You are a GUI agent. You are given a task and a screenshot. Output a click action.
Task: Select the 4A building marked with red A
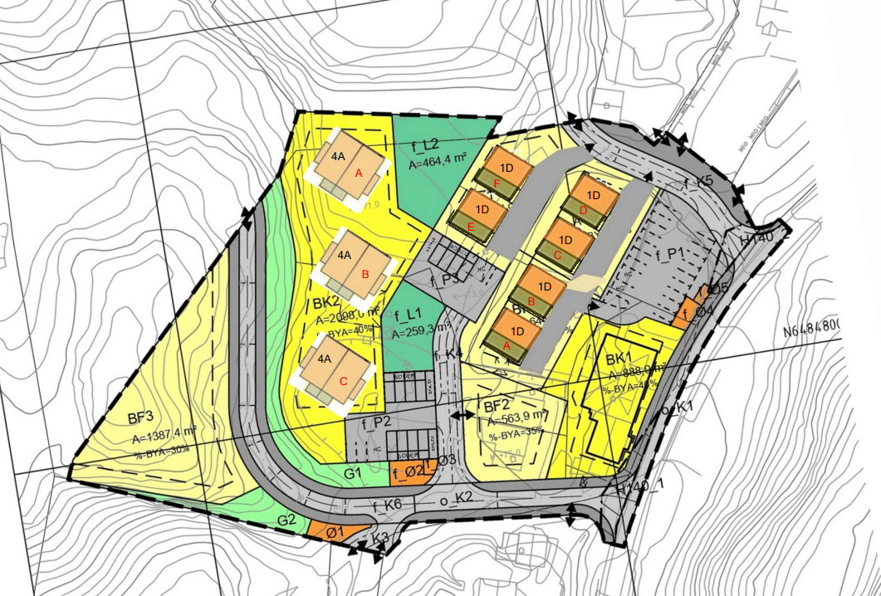tap(348, 164)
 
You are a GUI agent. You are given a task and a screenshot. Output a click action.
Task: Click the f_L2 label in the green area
tap(425, 145)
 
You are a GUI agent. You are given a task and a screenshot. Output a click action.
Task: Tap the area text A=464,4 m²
tap(438, 164)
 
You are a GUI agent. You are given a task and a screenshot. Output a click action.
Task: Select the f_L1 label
tap(409, 315)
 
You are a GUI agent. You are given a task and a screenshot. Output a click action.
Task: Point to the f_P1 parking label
tap(669, 253)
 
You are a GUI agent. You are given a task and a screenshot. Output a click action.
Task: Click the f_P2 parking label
tap(375, 422)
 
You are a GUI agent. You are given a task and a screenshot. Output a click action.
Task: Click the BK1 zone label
tap(620, 359)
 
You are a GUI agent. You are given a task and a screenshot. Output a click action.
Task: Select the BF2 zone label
tap(497, 406)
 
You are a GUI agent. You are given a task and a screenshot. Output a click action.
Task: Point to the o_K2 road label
tap(455, 498)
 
